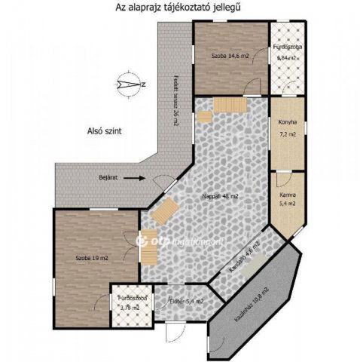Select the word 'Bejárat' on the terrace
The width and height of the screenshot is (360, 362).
point(110,178)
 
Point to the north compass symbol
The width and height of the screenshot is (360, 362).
point(133,84)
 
